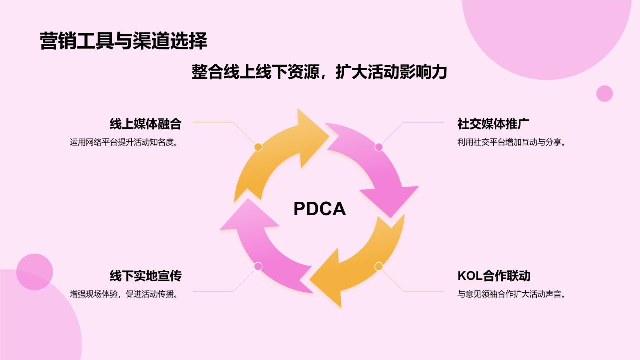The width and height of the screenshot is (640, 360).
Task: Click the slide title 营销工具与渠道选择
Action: (123, 41)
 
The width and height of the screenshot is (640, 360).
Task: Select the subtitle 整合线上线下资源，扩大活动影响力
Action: (319, 72)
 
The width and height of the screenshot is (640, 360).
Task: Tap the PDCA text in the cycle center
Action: (319, 209)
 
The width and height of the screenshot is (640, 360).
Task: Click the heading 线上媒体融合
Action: (145, 124)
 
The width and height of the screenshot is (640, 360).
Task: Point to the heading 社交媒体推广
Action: (493, 124)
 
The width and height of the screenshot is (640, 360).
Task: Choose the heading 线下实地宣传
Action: (145, 276)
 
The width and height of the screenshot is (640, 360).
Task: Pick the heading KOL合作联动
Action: (494, 276)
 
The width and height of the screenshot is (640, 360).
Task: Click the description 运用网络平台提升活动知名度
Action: (124, 142)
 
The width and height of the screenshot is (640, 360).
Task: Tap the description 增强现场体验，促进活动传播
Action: (124, 294)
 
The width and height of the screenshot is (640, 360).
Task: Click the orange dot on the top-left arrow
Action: (258, 147)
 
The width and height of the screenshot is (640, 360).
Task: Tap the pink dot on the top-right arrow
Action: (379, 147)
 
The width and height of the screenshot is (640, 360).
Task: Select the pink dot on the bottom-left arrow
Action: (258, 266)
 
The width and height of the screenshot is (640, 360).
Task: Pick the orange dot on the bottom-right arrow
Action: (379, 266)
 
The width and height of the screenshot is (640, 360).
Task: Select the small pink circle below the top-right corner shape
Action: (604, 93)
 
